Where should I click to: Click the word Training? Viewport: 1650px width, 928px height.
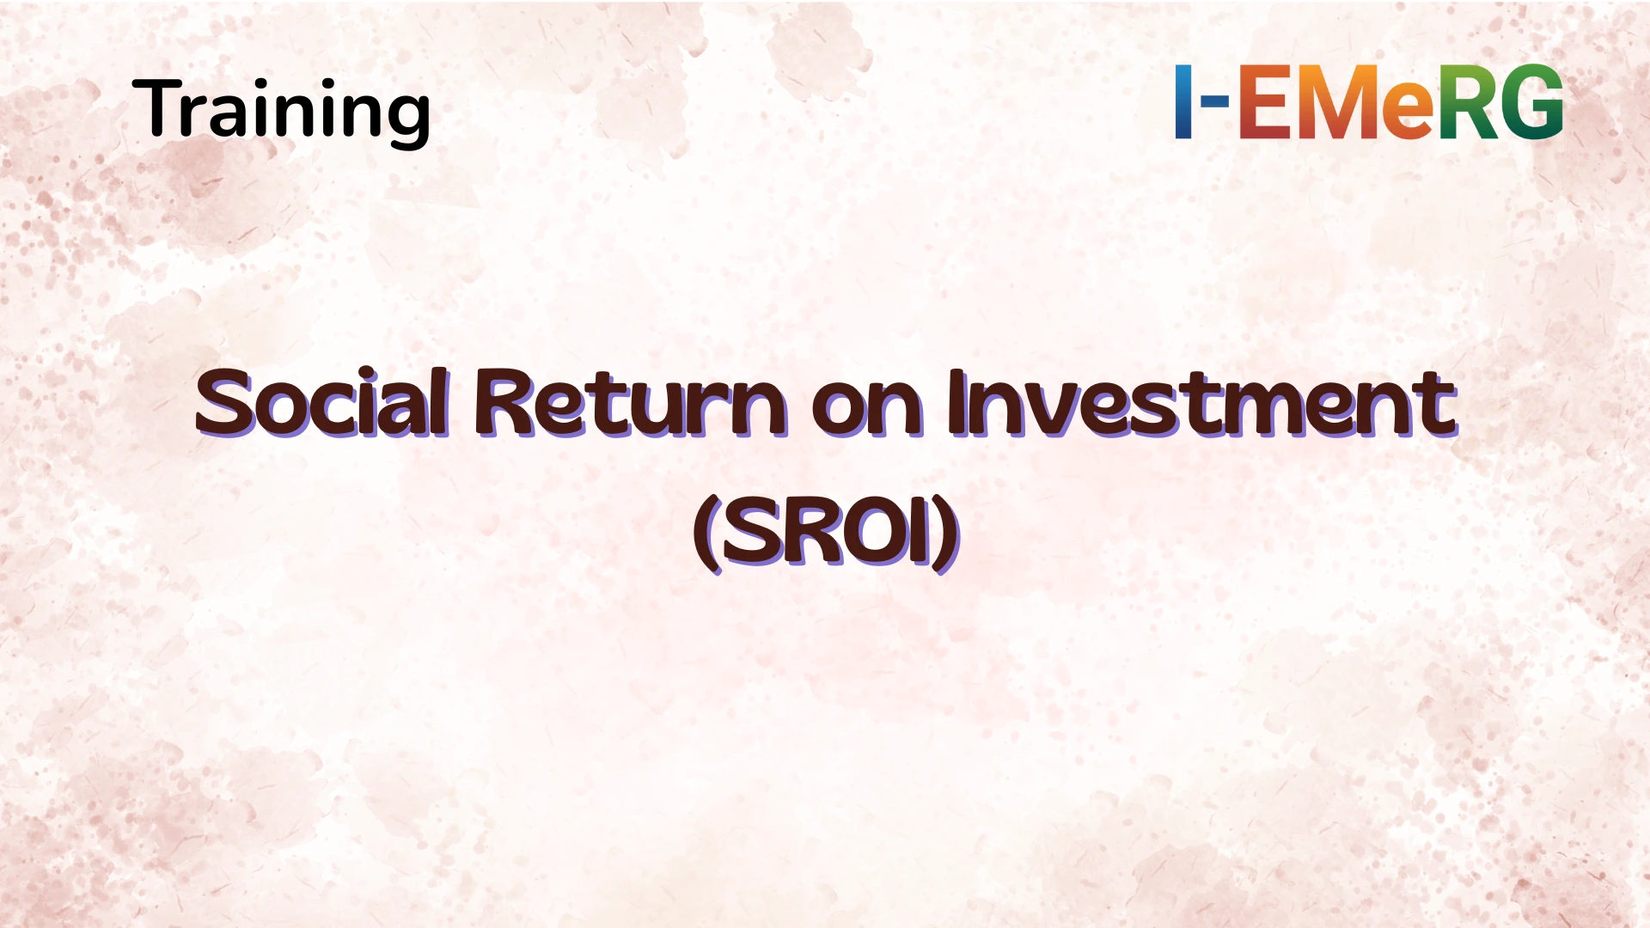[x=281, y=109]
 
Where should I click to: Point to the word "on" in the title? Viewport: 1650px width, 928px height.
[x=866, y=406]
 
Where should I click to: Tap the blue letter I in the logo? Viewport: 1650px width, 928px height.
[x=1183, y=101]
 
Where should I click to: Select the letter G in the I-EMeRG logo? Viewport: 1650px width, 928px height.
[x=1532, y=101]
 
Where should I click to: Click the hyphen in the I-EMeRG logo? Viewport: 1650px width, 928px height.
[x=1214, y=101]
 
